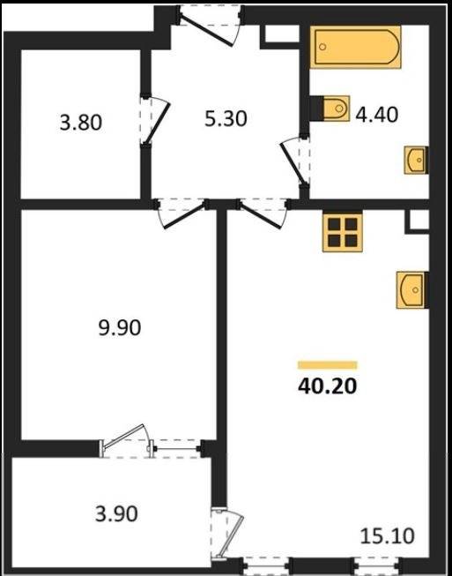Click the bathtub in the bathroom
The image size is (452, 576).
[x=355, y=47]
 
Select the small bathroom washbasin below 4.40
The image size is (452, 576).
[x=417, y=160]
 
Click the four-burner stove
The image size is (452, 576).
[x=343, y=232]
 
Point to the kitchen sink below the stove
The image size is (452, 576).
[x=412, y=290]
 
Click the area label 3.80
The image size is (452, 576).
[x=81, y=123]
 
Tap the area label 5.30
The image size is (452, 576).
[x=226, y=119]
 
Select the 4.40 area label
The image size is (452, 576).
[x=377, y=115]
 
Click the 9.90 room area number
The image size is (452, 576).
[x=120, y=327]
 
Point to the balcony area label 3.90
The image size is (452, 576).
[x=116, y=513]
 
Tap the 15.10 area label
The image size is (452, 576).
[x=388, y=536]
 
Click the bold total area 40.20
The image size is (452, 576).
[x=327, y=386]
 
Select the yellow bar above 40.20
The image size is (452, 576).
[x=327, y=365]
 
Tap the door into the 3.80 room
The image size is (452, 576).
[x=154, y=121]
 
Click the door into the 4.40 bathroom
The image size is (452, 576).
[x=295, y=161]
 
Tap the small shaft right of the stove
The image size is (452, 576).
[x=418, y=221]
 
